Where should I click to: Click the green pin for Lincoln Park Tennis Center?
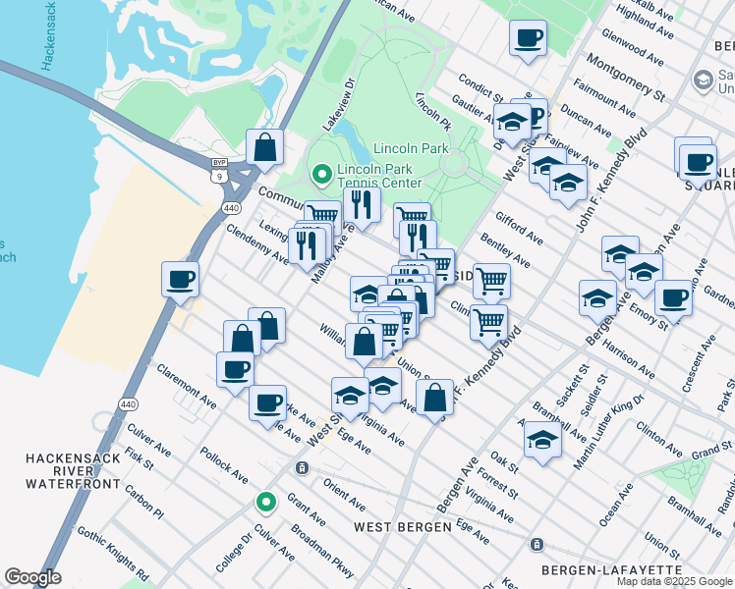(x=320, y=176)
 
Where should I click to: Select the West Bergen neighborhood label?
(x=402, y=527)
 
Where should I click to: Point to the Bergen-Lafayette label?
(x=611, y=569)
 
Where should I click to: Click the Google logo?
(x=32, y=577)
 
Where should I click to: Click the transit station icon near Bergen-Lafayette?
(x=537, y=544)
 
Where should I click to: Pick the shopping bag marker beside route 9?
(x=265, y=148)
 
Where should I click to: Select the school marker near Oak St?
(x=541, y=440)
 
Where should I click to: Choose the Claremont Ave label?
(x=186, y=390)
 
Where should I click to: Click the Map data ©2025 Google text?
(x=674, y=581)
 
